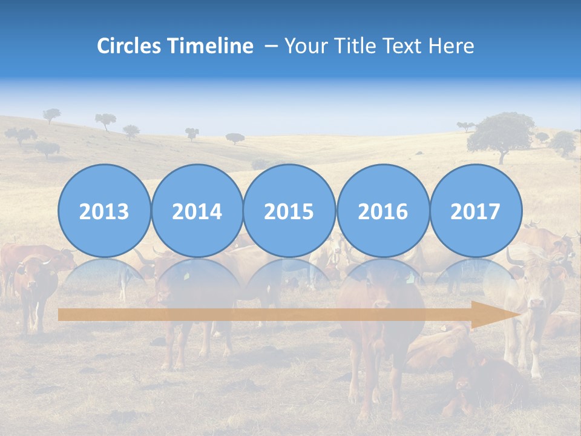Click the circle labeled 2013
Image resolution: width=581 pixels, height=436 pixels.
pyautogui.click(x=104, y=211)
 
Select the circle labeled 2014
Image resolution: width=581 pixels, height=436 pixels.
pyautogui.click(x=197, y=211)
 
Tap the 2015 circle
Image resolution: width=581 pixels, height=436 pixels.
pyautogui.click(x=289, y=211)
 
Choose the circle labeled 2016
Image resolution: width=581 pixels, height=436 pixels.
pyautogui.click(x=382, y=211)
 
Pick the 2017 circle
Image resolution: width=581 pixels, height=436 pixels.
pyautogui.click(x=475, y=211)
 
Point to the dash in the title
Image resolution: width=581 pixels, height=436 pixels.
pyautogui.click(x=271, y=46)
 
